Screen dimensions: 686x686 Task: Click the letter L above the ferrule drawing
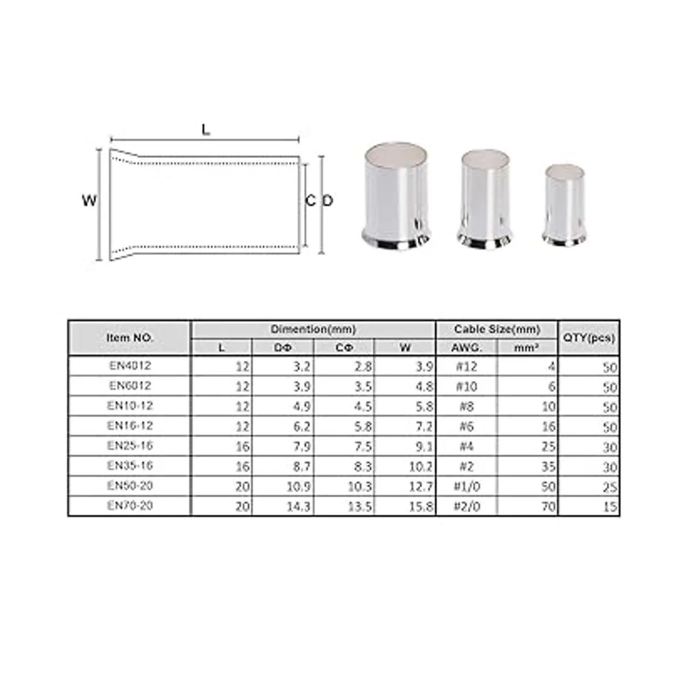coord(206,130)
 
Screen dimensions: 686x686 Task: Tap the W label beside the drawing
coord(89,201)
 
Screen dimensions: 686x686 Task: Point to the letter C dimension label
coord(310,201)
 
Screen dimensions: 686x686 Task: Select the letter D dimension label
coord(328,201)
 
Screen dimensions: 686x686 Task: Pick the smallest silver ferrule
coord(565,205)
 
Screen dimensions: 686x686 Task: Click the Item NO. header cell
coord(130,337)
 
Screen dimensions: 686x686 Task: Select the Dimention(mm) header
coord(313,329)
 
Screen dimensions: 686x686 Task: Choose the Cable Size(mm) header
coord(497,329)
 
